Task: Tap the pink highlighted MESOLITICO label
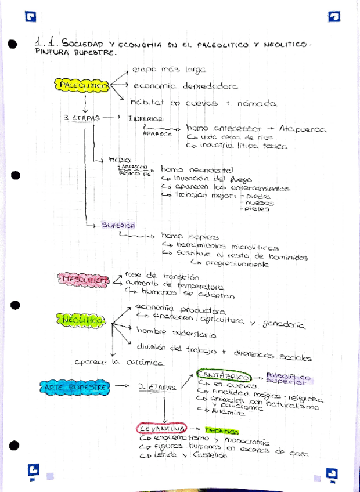coord(84,279)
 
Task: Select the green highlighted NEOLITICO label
coord(81,320)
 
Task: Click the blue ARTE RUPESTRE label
coord(75,386)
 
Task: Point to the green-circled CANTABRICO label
coord(224,376)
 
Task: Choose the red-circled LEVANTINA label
coord(161,429)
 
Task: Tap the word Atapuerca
coord(302,129)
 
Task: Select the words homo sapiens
coord(182,236)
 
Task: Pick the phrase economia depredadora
coord(185,86)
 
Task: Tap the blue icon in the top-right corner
coord(334,17)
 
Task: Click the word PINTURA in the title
coord(51,52)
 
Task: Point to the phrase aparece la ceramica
coord(119,362)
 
